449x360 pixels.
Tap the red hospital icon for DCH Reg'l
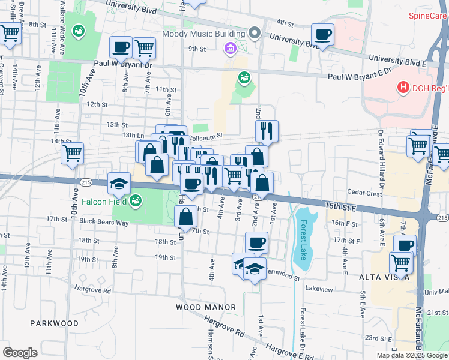pyautogui.click(x=403, y=88)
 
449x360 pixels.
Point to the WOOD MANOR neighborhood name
pyautogui.click(x=206, y=307)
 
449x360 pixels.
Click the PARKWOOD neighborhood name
pyautogui.click(x=55, y=323)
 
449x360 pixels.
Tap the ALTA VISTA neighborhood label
pyautogui.click(x=385, y=277)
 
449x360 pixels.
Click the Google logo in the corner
pyautogui.click(x=20, y=353)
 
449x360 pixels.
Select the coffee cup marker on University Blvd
pyautogui.click(x=322, y=35)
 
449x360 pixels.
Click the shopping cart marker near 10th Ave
pyautogui.click(x=72, y=153)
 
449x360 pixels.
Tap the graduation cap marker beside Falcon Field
pyautogui.click(x=119, y=183)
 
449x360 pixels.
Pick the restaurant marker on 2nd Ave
pyautogui.click(x=267, y=131)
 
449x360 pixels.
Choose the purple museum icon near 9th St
pyautogui.click(x=229, y=48)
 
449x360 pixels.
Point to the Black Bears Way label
pyautogui.click(x=105, y=222)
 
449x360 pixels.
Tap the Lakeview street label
pyautogui.click(x=318, y=289)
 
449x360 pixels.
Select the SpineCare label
pyautogui.click(x=428, y=16)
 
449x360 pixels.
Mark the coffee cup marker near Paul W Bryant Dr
pyautogui.click(x=120, y=47)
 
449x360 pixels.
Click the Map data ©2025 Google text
pyautogui.click(x=412, y=355)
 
